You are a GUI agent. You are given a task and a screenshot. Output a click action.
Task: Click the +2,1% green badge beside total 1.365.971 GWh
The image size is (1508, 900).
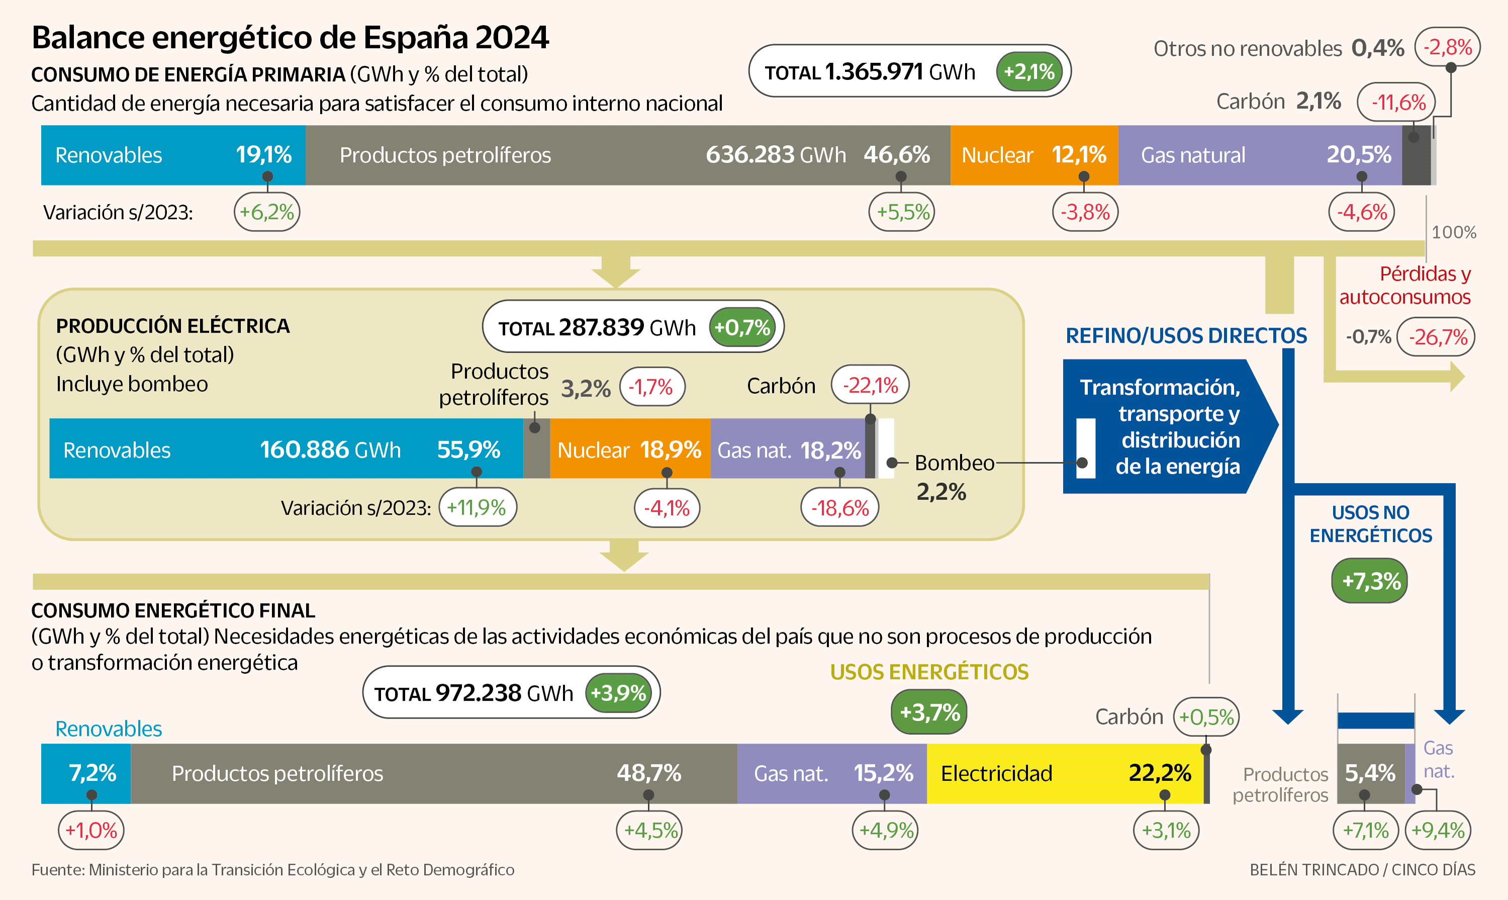[x=1029, y=71]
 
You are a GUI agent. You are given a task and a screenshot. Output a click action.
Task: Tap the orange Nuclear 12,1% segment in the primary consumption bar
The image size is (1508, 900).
[x=1033, y=155]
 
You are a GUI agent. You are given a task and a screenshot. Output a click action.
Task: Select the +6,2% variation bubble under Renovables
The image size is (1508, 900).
[x=267, y=212]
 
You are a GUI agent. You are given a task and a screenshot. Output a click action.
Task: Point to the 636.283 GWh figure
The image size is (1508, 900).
[x=775, y=155]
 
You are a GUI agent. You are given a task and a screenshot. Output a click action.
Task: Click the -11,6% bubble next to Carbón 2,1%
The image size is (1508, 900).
[x=1396, y=102]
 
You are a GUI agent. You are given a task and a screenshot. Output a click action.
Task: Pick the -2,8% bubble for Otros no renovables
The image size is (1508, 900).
[x=1447, y=47]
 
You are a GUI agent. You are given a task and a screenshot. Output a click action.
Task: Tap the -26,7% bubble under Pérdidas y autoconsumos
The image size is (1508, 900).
[x=1436, y=337]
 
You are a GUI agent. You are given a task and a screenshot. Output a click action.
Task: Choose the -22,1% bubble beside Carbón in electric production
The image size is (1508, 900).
[x=870, y=385]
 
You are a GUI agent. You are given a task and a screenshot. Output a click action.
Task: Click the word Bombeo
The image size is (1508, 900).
[x=954, y=463]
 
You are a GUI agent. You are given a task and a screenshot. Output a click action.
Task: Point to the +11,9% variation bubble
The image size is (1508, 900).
[x=478, y=508]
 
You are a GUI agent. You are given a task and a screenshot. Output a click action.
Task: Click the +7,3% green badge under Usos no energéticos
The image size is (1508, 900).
[x=1369, y=581]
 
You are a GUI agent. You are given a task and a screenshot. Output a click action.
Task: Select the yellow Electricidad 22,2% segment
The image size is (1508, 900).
[x=1064, y=774]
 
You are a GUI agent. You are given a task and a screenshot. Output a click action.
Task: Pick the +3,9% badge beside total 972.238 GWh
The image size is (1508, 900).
[x=618, y=692]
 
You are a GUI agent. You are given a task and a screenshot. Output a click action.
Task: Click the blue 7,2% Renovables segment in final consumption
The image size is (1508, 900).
[x=86, y=774]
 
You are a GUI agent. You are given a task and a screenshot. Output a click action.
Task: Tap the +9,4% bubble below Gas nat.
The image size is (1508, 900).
[x=1438, y=830]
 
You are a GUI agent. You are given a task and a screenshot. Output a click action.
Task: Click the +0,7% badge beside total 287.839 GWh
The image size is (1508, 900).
[x=742, y=328]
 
